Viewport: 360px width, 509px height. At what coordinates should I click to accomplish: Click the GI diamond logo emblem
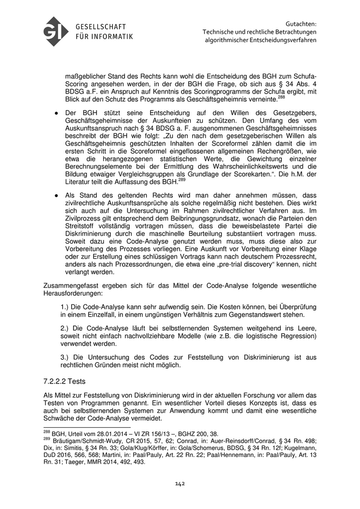click(56, 31)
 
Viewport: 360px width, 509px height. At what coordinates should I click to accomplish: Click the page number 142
click(180, 483)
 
